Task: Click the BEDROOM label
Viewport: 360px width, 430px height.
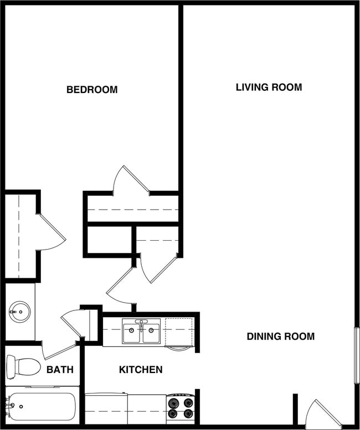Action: point(92,90)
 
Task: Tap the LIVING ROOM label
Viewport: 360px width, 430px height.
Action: point(269,87)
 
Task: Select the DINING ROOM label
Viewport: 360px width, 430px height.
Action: point(280,336)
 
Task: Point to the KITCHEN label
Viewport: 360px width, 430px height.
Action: point(141,370)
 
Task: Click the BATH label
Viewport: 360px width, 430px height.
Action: point(60,370)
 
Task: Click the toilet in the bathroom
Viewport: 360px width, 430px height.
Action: point(23,366)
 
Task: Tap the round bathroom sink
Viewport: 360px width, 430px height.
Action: point(20,312)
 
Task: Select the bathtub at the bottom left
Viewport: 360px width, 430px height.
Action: point(41,408)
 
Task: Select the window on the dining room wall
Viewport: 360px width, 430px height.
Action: point(357,355)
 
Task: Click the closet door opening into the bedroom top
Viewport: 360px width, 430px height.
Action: point(131,179)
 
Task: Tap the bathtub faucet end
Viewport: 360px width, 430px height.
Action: point(9,408)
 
